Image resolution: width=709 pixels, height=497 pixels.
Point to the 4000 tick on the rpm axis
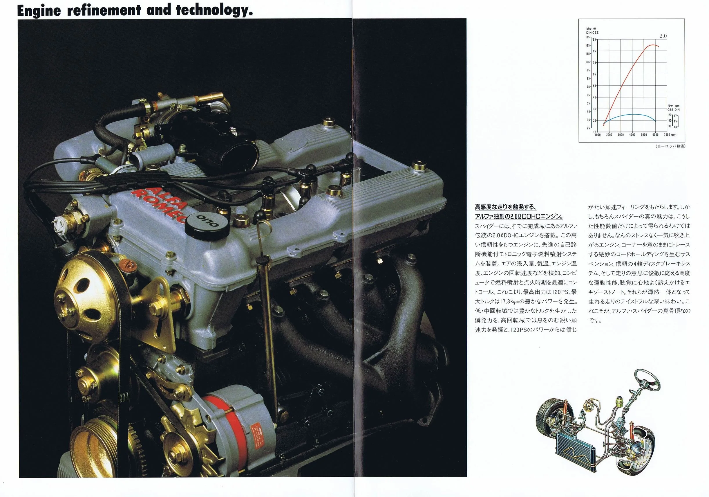coord(632,135)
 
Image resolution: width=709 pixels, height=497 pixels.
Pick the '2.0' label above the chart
coord(663,36)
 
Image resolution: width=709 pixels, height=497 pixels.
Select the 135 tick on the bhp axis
coord(587,37)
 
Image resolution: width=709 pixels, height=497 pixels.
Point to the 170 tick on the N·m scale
coord(670,115)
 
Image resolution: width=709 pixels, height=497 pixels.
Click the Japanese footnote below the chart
coord(670,146)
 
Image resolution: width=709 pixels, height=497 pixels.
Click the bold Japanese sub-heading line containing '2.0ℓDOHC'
coord(519,216)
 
